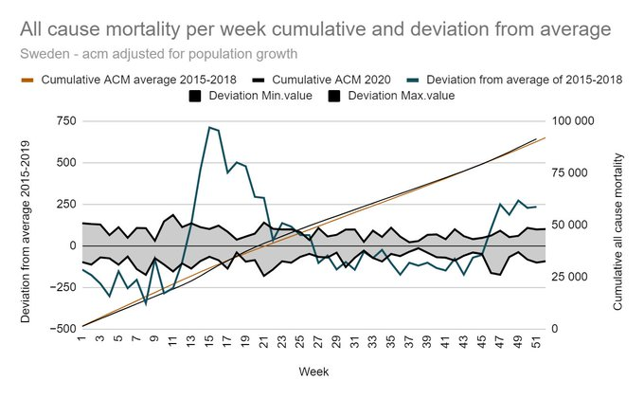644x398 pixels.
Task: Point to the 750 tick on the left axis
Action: (x=63, y=120)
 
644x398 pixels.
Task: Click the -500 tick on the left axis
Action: (x=62, y=329)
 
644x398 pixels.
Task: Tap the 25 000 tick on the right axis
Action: (x=575, y=277)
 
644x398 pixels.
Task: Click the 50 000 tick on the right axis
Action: (x=575, y=225)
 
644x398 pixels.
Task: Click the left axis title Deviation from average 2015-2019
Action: (x=27, y=225)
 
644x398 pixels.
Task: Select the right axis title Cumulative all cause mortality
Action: (x=617, y=225)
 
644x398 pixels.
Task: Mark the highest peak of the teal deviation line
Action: (x=209, y=127)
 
